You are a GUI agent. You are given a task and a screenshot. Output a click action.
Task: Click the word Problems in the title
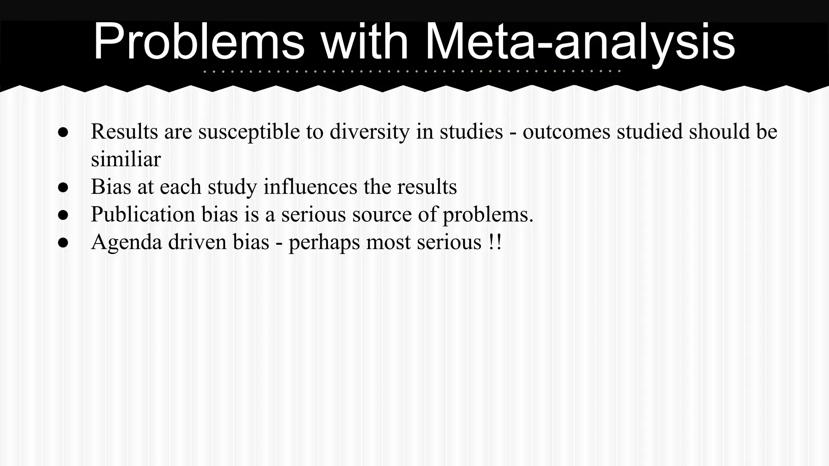(x=198, y=42)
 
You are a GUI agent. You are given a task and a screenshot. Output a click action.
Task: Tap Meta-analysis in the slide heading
(x=580, y=42)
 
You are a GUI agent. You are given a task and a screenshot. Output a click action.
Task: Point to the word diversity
(x=369, y=132)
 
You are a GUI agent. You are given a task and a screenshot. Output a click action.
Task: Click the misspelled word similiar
(x=125, y=159)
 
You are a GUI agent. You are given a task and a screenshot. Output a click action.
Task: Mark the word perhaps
(x=324, y=242)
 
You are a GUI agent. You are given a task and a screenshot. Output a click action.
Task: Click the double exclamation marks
(x=495, y=242)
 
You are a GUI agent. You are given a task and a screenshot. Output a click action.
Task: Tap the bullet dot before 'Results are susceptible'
(x=63, y=132)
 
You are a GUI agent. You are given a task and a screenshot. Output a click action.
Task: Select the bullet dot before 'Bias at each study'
(x=63, y=187)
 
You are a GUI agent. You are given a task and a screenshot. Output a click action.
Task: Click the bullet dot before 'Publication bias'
(x=63, y=215)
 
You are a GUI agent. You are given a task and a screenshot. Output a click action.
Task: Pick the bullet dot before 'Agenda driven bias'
(x=63, y=242)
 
